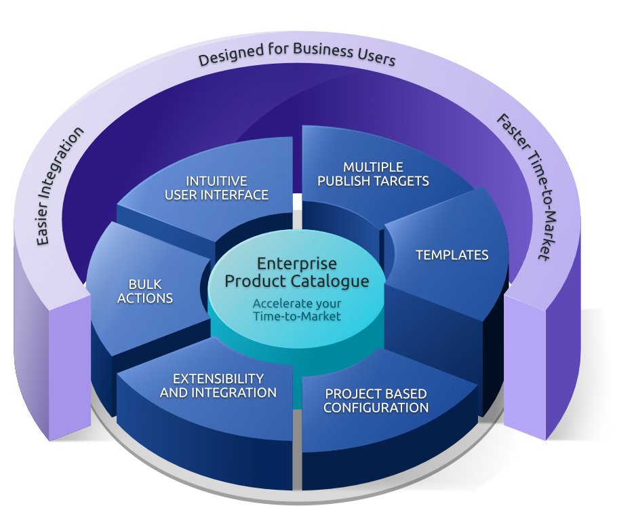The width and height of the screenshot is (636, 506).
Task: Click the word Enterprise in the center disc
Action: point(297,263)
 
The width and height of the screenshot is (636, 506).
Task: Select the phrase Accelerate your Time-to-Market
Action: point(297,309)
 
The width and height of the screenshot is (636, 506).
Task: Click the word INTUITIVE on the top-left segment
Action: point(216,181)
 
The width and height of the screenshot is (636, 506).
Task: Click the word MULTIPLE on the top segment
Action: point(373,167)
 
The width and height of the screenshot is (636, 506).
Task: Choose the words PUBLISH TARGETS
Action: point(373,181)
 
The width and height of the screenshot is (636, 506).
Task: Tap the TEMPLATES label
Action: point(452,255)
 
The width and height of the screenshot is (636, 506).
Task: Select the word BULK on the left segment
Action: point(144,284)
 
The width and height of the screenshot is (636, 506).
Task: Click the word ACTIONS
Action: point(145,298)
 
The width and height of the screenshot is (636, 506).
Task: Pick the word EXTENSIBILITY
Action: point(218,378)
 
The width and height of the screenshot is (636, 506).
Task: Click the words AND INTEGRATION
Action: point(218,393)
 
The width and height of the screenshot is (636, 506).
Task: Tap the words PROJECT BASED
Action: point(376,393)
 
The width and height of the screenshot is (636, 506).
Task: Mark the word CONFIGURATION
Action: point(376,408)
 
